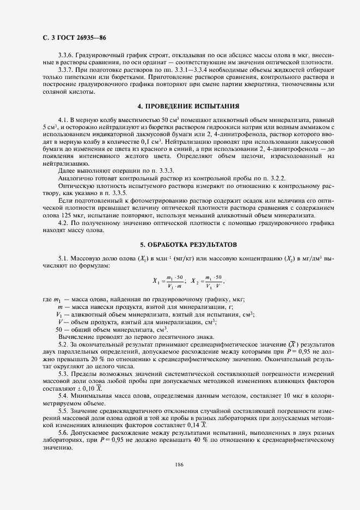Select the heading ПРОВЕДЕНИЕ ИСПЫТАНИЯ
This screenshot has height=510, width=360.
180,105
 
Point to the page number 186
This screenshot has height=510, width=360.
179,464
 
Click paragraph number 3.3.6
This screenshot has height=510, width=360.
66,56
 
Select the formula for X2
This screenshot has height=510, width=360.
206,282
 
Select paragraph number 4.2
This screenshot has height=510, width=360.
63,223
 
